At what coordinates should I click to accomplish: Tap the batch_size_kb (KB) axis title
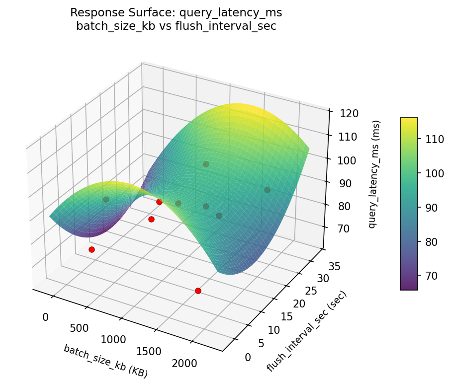tap(105, 360)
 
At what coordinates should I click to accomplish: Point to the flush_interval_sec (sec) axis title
tap(307, 331)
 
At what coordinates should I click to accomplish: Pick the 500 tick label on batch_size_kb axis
tap(79, 328)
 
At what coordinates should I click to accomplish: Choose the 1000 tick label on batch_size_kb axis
tap(113, 340)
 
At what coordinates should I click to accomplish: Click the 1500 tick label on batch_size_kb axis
tap(149, 352)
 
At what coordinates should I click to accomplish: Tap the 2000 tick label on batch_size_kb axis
tap(184, 364)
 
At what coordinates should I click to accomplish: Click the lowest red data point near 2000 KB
tap(198, 291)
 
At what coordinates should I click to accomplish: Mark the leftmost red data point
tap(91, 249)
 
